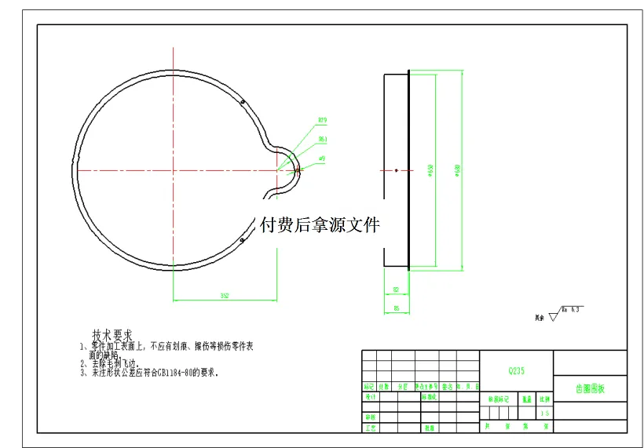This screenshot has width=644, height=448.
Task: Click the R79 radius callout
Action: click(322, 120)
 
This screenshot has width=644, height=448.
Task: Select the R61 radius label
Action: click(323, 139)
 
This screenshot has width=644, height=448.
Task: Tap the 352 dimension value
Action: click(224, 296)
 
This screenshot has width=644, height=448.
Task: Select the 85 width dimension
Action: click(396, 309)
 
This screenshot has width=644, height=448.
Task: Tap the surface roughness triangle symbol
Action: click(553, 316)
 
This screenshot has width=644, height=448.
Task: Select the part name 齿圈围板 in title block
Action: click(590, 388)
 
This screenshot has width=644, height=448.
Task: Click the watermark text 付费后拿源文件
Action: click(320, 225)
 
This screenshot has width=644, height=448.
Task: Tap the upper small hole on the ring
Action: click(243, 101)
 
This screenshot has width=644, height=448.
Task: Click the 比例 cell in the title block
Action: click(544, 399)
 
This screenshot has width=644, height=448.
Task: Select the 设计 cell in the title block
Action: click(368, 397)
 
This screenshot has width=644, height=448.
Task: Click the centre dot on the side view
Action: click(397, 169)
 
